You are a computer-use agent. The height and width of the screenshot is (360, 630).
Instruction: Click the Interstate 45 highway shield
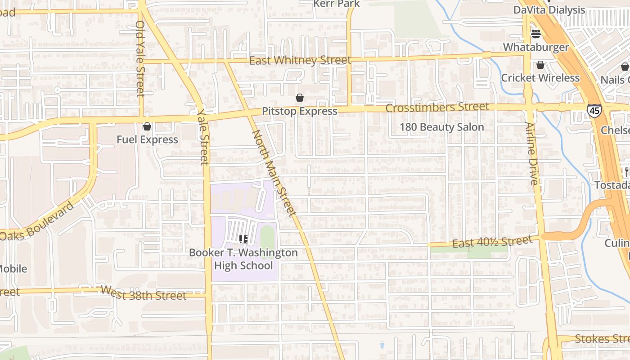click(x=594, y=111)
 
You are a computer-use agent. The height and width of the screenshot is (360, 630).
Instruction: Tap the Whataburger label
click(x=535, y=47)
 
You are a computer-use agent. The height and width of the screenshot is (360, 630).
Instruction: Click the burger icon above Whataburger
click(x=535, y=33)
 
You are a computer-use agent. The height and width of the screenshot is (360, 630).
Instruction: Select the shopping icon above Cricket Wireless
click(x=540, y=65)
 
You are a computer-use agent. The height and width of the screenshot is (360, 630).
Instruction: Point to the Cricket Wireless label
click(x=540, y=78)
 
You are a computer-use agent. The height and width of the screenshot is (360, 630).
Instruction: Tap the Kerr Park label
click(x=337, y=4)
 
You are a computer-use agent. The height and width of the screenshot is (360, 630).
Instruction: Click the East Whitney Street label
click(x=300, y=60)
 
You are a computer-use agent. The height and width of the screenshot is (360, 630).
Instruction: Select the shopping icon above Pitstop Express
click(x=299, y=98)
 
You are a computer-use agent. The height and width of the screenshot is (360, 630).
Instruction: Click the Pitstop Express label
click(x=299, y=111)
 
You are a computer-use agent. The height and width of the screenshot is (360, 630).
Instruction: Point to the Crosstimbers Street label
click(x=437, y=107)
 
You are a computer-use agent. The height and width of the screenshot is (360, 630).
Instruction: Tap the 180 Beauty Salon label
click(x=441, y=127)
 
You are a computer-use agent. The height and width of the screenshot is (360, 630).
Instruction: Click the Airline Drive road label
click(x=531, y=153)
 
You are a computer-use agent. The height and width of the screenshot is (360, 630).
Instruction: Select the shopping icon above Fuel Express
click(x=147, y=126)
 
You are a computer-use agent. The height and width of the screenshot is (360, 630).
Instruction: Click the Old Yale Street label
click(x=140, y=58)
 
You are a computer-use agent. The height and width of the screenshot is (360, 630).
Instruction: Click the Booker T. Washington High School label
click(x=243, y=259)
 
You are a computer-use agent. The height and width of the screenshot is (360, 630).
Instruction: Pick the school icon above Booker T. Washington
click(x=243, y=239)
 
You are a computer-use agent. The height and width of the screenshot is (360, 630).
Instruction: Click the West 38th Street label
click(x=143, y=293)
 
